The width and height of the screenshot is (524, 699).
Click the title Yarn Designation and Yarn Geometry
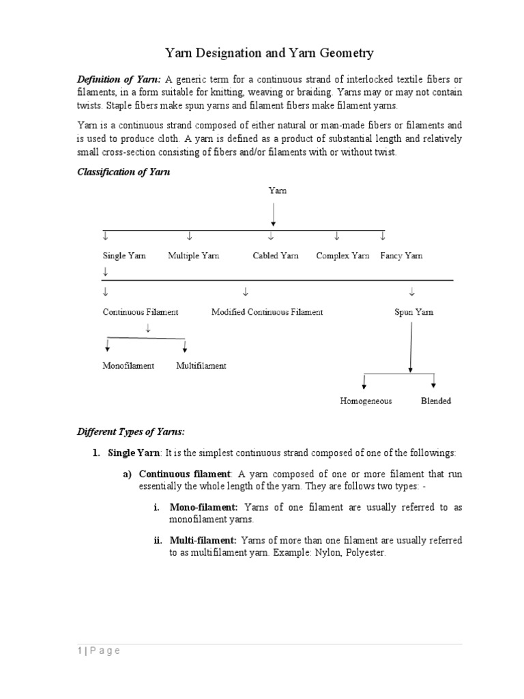tap(270, 53)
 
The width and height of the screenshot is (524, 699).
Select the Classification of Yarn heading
tap(123, 172)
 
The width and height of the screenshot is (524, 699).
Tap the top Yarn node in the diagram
tap(277, 190)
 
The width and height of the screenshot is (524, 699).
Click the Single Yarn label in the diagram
tap(124, 256)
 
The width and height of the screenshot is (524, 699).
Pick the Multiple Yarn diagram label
tap(193, 256)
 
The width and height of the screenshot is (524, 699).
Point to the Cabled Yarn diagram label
tap(276, 256)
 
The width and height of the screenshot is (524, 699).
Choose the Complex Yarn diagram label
tap(343, 256)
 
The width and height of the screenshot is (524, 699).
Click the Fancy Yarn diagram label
tap(401, 256)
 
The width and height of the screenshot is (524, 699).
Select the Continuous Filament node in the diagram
tap(141, 312)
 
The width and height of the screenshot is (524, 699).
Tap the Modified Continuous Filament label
tap(267, 312)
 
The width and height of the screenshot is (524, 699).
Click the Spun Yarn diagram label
tap(413, 312)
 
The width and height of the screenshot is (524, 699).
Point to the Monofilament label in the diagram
tap(128, 366)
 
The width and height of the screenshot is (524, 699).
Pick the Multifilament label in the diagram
tap(201, 366)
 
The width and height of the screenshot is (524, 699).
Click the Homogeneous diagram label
tap(366, 401)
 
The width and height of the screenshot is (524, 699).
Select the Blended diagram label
tap(435, 401)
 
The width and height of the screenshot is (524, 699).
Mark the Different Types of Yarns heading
tap(130, 432)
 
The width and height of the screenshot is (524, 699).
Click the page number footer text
tap(98, 651)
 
